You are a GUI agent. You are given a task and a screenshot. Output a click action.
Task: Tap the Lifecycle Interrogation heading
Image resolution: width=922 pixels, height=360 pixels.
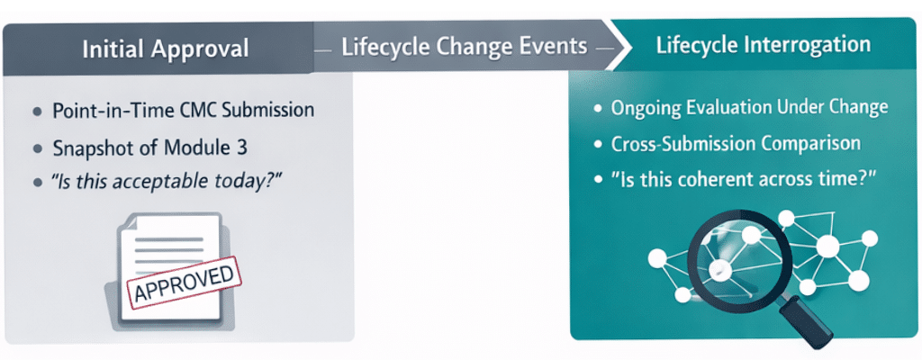[x=763, y=44]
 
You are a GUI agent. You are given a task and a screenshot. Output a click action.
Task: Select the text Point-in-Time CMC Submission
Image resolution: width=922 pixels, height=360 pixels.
[x=184, y=111]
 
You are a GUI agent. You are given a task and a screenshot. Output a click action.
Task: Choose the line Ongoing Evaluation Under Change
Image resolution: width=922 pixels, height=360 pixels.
[x=749, y=108]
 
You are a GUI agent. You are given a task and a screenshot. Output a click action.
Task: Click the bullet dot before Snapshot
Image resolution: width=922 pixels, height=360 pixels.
[x=37, y=148]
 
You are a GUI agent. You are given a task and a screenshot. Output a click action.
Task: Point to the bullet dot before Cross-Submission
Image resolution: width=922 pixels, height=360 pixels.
[x=597, y=144]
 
